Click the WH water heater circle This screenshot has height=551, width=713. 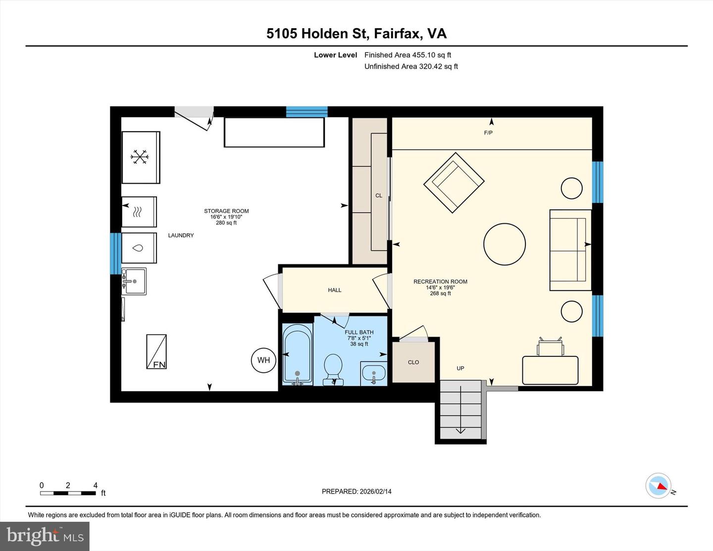point(263,360)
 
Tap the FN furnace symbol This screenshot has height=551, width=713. point(156,351)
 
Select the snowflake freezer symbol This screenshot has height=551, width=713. point(140,157)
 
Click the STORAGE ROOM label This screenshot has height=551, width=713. point(226,211)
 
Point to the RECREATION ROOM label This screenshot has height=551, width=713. point(440,282)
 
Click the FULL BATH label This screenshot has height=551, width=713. point(359,333)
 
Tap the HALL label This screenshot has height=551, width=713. point(335,290)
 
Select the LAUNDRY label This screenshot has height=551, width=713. point(181,236)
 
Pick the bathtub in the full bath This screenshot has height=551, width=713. point(297,353)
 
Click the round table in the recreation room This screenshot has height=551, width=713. point(504,245)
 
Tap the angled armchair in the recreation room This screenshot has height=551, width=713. point(454,183)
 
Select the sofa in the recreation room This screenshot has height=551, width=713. point(570,250)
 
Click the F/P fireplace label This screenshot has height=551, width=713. point(488,133)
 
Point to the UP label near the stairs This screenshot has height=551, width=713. point(460,368)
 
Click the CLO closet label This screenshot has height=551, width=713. point(413,362)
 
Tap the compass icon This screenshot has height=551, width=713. point(659,486)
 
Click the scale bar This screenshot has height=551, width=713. point(68,493)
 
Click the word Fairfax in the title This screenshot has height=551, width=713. point(398,33)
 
